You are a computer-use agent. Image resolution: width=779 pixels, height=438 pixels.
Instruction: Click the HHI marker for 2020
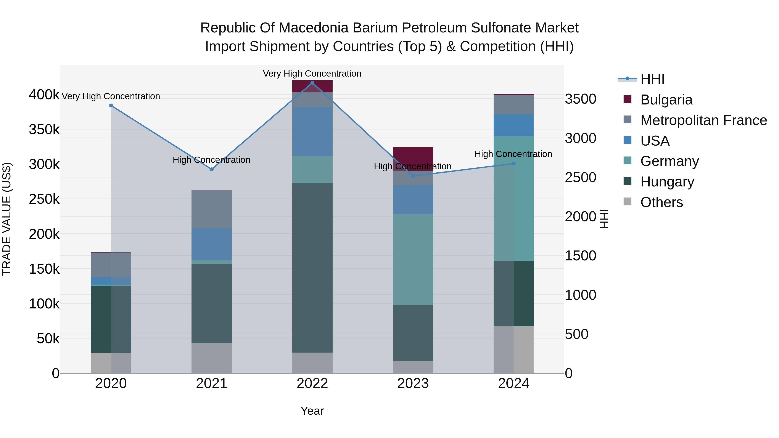[x=111, y=106]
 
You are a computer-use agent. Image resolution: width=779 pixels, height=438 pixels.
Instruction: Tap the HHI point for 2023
[x=413, y=176]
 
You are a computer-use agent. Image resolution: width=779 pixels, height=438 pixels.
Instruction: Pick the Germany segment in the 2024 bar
[x=513, y=198]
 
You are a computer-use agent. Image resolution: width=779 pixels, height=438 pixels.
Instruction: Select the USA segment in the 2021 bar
[x=212, y=244]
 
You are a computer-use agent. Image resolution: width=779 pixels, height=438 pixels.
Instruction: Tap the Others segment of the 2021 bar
[x=212, y=358]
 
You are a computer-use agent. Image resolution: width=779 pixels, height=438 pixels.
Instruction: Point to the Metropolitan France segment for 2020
[x=111, y=265]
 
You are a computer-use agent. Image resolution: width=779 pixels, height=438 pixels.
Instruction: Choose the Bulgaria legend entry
[x=666, y=100]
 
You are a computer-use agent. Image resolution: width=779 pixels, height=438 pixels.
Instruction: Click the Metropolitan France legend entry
[x=703, y=120]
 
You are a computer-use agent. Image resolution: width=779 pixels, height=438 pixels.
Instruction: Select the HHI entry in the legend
[x=652, y=79]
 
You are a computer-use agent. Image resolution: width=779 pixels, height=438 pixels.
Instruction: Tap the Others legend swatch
[x=628, y=202]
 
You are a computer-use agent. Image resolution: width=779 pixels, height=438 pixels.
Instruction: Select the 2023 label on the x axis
[x=413, y=383]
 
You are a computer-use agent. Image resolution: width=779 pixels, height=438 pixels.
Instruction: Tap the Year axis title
[x=312, y=411]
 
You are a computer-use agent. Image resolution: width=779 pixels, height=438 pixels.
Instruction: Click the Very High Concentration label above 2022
[x=312, y=74]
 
